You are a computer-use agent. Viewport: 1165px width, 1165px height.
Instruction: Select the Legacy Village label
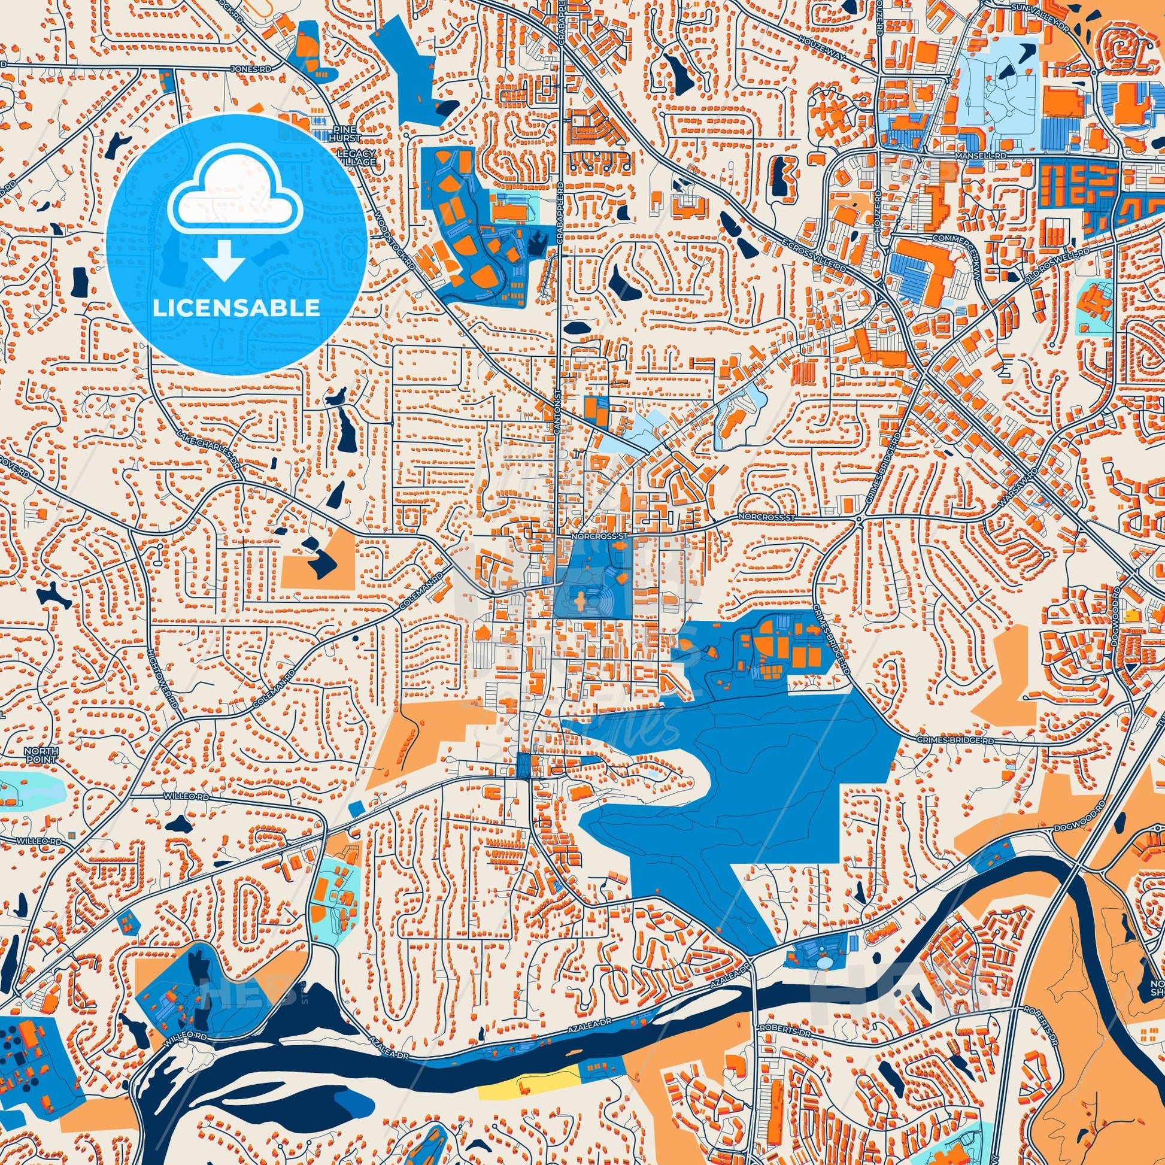coord(356,158)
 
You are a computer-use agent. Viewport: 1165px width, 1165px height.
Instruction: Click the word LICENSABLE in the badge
coord(236,308)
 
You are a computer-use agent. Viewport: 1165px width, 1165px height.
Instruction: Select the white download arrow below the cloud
coord(224,260)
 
